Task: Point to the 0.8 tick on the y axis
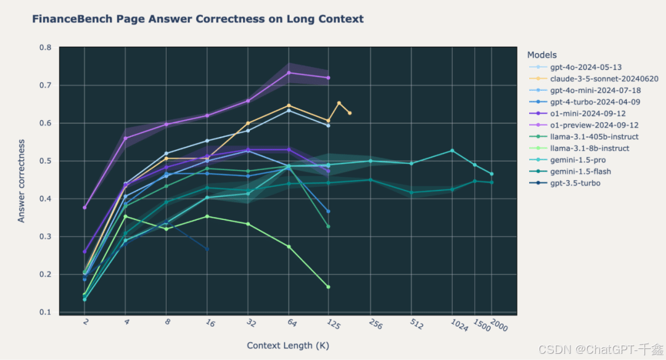tap(46, 47)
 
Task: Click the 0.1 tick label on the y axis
tap(46, 312)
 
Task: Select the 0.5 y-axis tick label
tap(46, 161)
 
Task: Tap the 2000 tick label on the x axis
tap(499, 325)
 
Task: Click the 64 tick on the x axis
tap(292, 322)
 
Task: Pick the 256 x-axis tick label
tap(376, 324)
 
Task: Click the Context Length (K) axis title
tap(288, 346)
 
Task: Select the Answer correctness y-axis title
tap(21, 181)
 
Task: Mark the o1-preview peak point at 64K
tap(289, 73)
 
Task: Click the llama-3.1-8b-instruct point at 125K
tap(328, 287)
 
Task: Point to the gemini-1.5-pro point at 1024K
tap(453, 150)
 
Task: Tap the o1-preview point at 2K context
tap(84, 208)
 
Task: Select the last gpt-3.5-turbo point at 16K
tap(207, 249)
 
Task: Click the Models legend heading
tap(541, 55)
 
